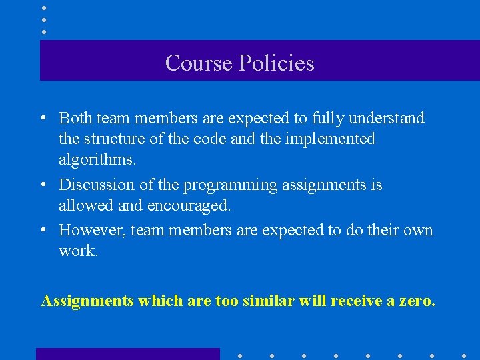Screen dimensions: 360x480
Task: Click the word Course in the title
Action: pos(195,63)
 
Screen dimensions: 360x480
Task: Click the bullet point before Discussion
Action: pos(43,185)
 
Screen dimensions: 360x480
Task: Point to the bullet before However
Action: pos(43,231)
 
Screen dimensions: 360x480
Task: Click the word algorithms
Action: pos(97,160)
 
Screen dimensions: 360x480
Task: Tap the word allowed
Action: pos(85,205)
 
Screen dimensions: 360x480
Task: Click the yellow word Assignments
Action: pos(87,301)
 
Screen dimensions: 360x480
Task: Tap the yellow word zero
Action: pos(416,301)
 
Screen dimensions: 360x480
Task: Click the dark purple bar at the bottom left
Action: pos(127,354)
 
